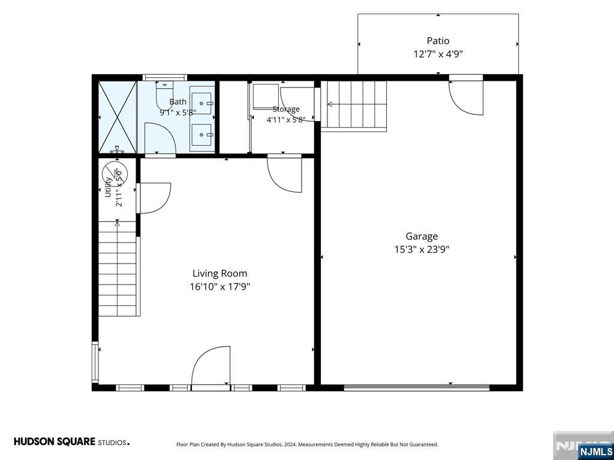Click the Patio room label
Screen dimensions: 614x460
tap(438, 41)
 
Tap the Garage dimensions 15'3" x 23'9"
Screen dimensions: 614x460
tap(422, 250)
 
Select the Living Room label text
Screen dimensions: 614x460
tap(219, 273)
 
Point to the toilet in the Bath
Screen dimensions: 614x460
tap(164, 95)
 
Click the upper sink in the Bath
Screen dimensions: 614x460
tap(202, 103)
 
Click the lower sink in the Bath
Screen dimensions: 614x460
tap(202, 135)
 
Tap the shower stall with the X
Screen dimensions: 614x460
tap(117, 117)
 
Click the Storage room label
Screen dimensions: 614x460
tap(286, 109)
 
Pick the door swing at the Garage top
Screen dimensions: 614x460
tap(466, 98)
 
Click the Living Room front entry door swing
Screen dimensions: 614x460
tap(210, 366)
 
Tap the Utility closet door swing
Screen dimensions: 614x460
tap(153, 198)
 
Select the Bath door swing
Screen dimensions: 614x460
tap(160, 138)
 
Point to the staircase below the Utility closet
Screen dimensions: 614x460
tap(117, 268)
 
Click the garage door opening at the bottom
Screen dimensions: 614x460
tap(417, 388)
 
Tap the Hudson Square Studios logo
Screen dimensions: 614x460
tap(72, 442)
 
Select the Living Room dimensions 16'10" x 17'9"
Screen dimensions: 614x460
tap(219, 287)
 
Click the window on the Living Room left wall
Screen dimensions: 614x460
tap(95, 362)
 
